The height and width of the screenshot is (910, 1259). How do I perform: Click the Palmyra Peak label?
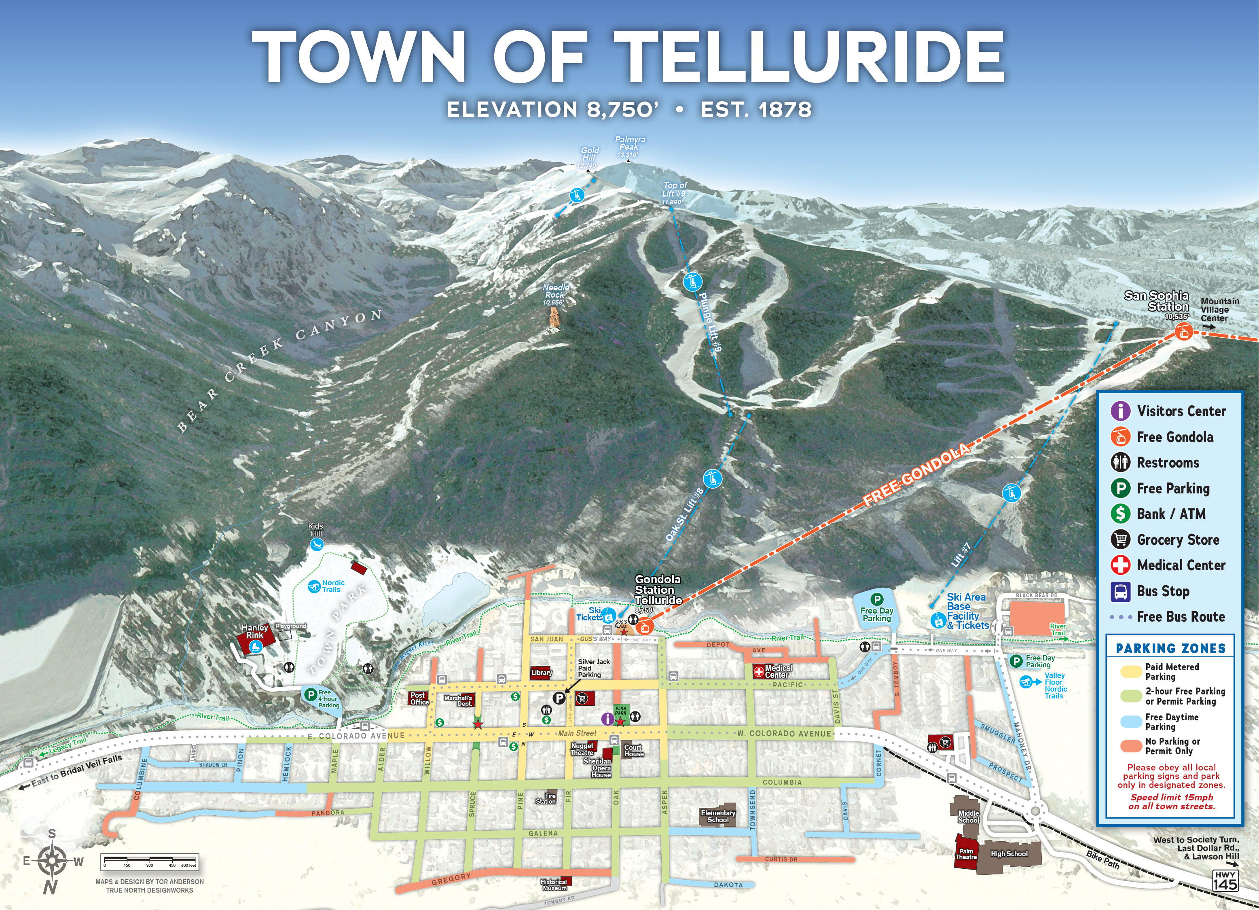point(629,146)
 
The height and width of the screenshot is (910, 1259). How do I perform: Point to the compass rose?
point(52,861)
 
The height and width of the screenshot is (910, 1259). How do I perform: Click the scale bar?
point(150,862)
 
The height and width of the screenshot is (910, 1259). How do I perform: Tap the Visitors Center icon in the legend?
point(1120,411)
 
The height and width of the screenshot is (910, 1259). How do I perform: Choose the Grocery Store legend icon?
point(1120,540)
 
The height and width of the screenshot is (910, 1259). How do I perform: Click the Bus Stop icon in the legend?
point(1120,591)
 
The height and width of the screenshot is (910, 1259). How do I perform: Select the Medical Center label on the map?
point(777,671)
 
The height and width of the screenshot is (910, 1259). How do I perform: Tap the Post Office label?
point(419,698)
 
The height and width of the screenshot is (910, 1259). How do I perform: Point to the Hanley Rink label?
point(255,631)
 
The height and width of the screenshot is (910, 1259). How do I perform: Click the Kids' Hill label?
point(316,530)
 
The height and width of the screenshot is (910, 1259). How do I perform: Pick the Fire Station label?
point(546,798)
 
